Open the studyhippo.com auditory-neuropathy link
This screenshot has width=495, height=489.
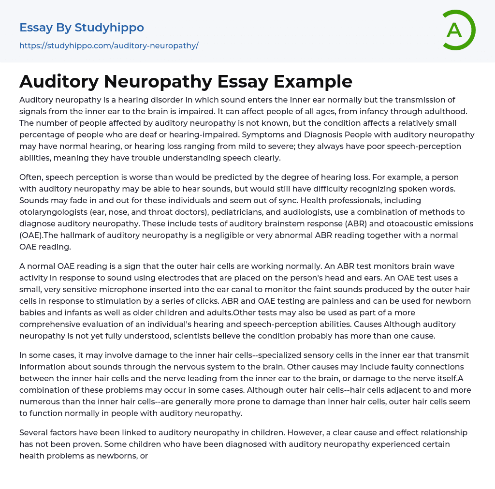pyautogui.click(x=109, y=45)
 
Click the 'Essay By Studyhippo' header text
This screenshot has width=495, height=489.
pyautogui.click(x=82, y=28)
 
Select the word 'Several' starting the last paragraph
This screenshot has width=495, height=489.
pyautogui.click(x=35, y=432)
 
